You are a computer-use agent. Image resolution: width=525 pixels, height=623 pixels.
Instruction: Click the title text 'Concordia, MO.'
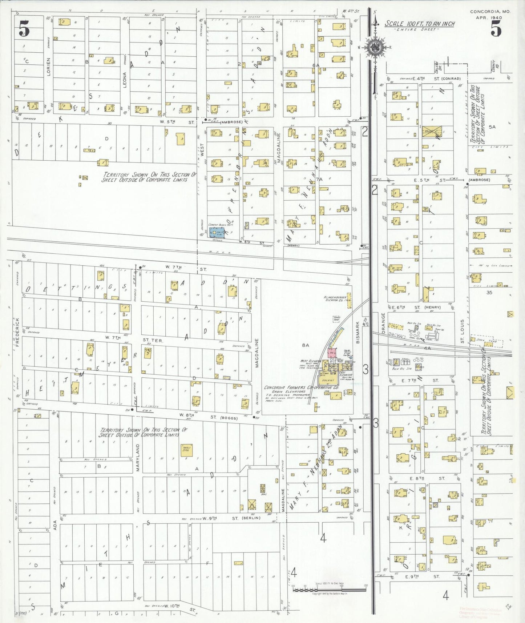click(490, 12)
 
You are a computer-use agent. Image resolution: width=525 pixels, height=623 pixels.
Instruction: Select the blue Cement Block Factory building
click(217, 233)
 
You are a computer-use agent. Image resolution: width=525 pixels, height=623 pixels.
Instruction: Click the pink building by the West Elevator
click(332, 353)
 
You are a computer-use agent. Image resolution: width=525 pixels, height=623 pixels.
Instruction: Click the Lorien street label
click(49, 67)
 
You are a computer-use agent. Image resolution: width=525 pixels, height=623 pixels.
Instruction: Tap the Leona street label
click(125, 80)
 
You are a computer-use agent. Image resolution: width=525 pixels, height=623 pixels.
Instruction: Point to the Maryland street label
click(138, 457)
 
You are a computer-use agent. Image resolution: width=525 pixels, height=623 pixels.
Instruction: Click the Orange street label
click(383, 321)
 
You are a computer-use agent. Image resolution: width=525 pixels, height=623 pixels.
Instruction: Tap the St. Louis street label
click(463, 331)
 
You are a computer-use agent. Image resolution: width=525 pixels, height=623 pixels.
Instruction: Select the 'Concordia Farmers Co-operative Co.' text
click(301, 388)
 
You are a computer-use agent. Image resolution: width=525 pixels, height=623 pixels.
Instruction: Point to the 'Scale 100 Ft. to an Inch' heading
click(420, 24)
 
